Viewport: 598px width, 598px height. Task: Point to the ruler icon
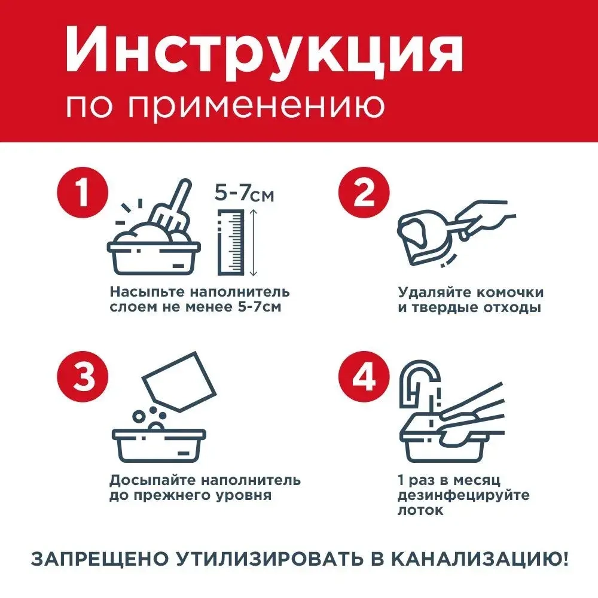pyautogui.click(x=232, y=242)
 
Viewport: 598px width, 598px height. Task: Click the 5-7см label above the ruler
pyautogui.click(x=243, y=193)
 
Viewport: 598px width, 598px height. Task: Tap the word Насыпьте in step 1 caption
pyautogui.click(x=148, y=292)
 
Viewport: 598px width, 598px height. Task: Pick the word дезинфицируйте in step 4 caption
pyautogui.click(x=463, y=496)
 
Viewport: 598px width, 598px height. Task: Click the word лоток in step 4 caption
pyautogui.click(x=420, y=511)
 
